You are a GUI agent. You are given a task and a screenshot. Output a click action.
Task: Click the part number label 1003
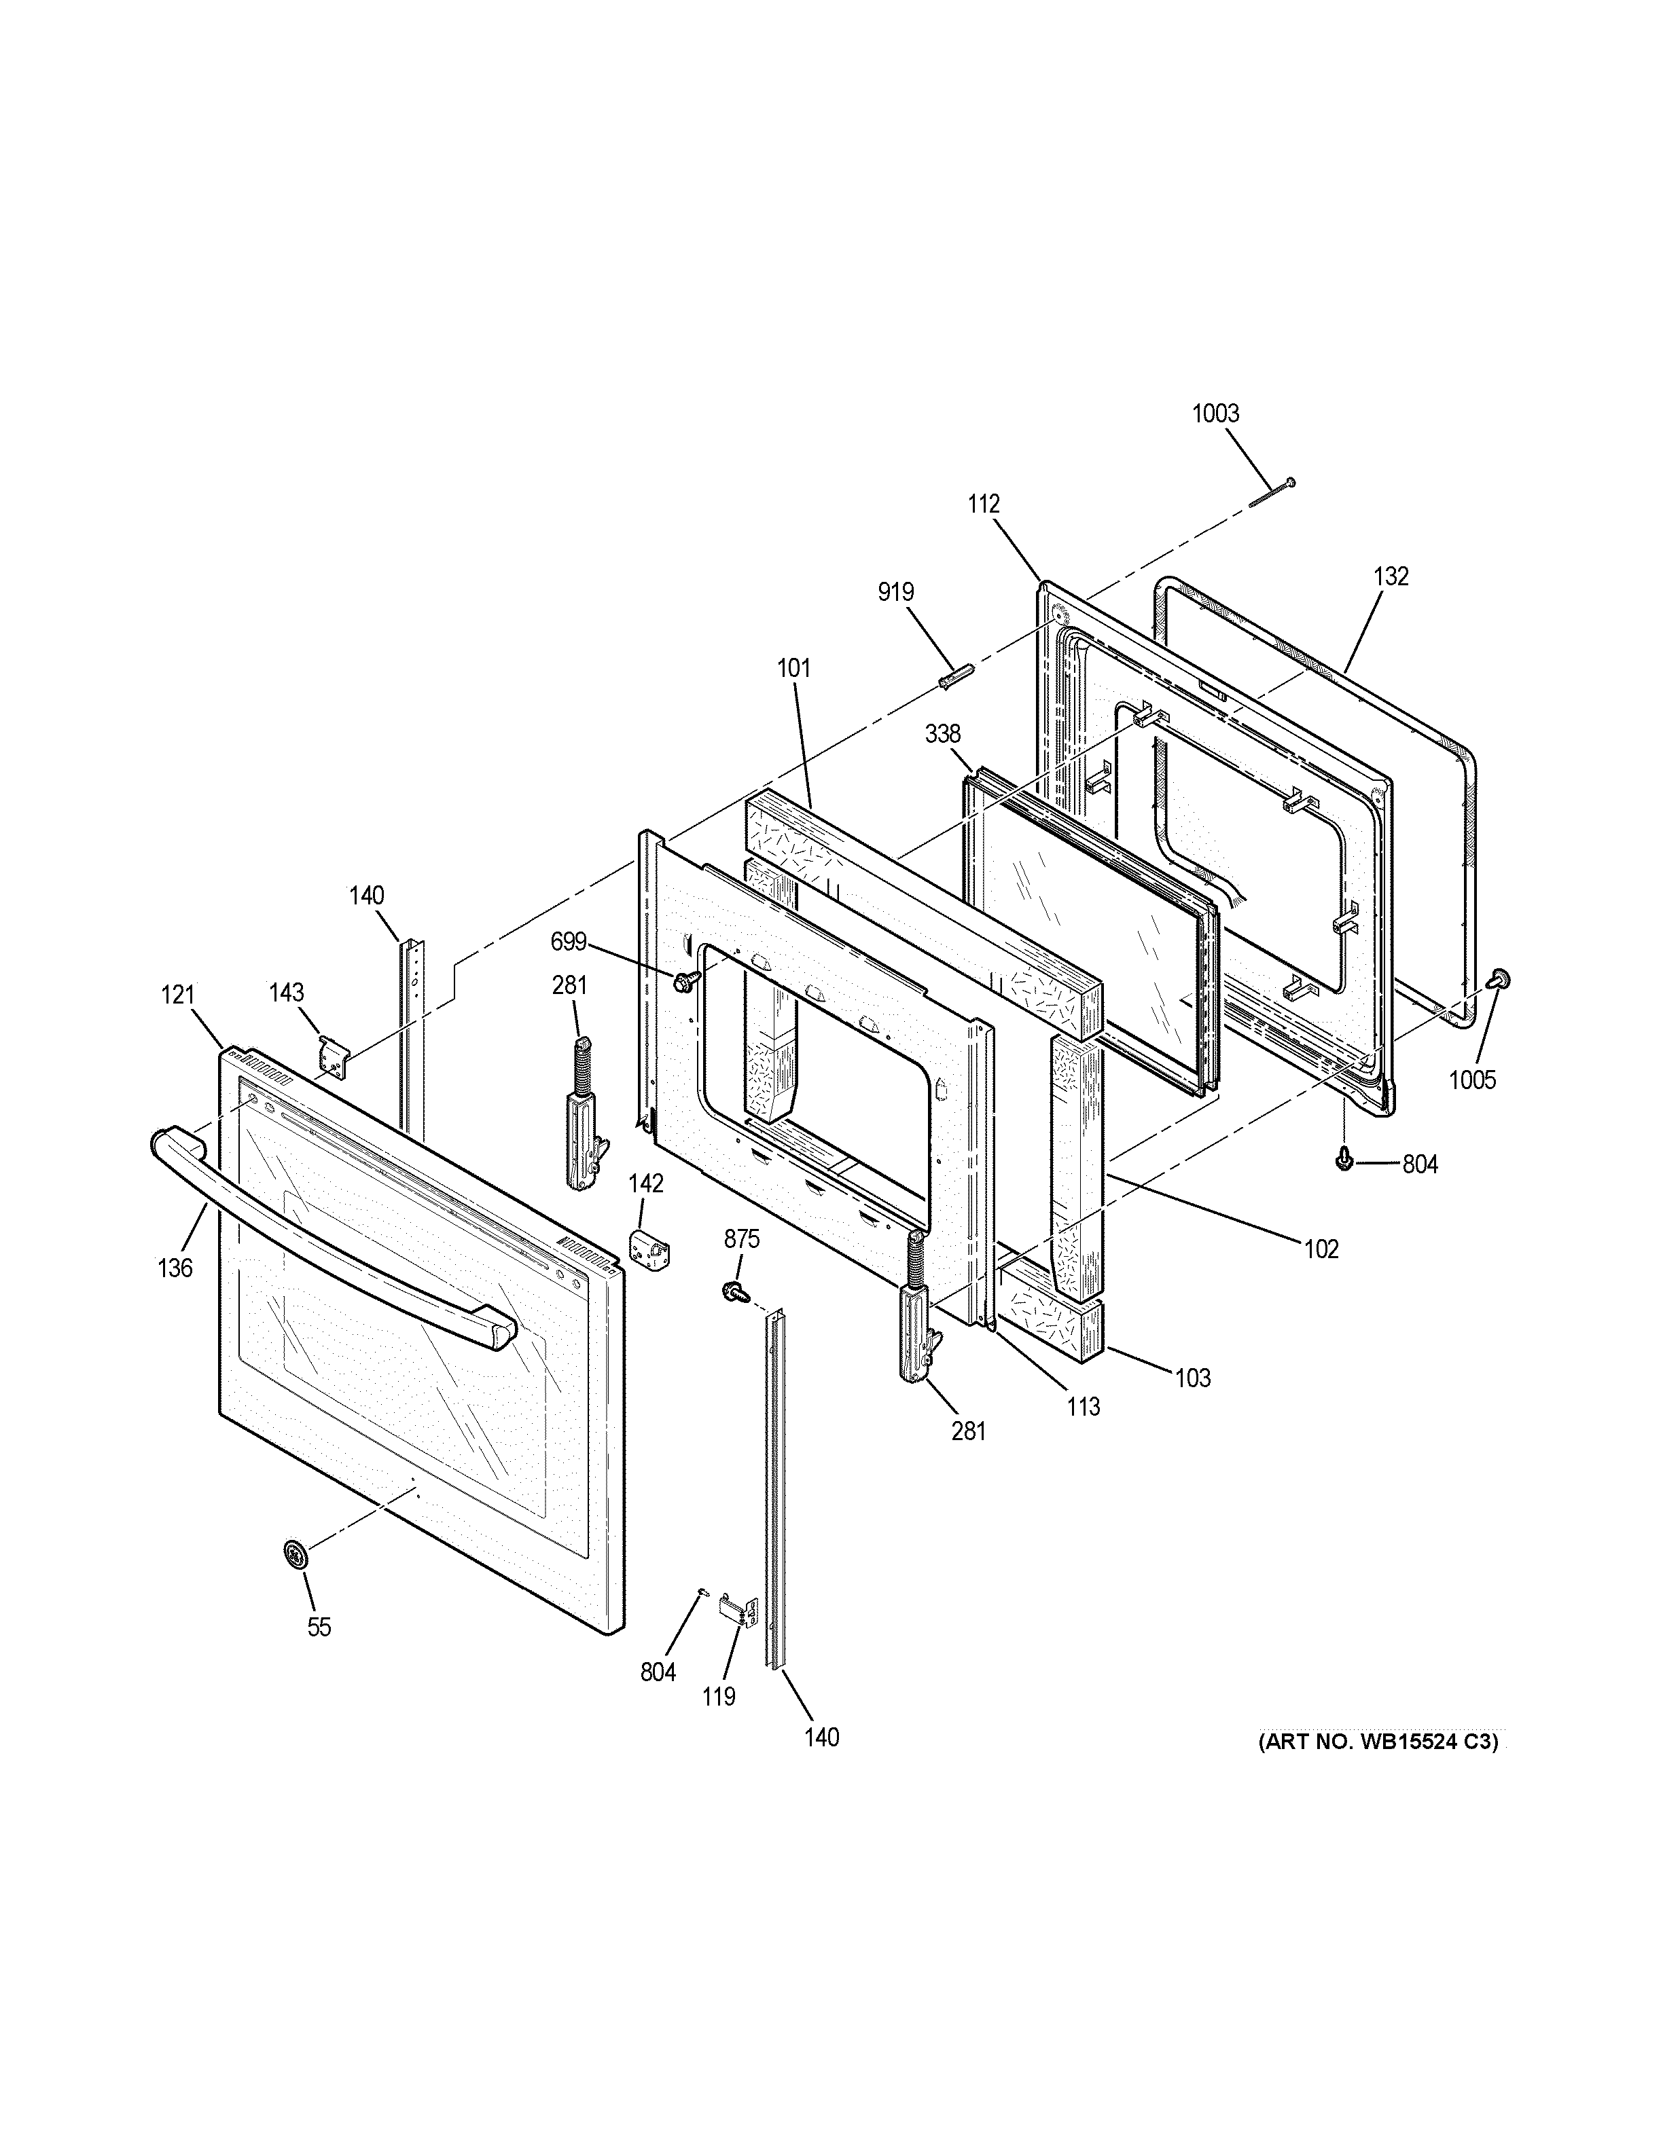1216,413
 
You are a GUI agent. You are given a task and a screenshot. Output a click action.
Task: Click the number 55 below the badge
318,1627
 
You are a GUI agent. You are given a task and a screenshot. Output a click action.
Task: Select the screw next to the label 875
734,1289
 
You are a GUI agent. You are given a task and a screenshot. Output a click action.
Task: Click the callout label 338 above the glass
943,734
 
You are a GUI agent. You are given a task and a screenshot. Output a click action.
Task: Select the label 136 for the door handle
175,1268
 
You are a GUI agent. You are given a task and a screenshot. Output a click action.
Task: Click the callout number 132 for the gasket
1391,576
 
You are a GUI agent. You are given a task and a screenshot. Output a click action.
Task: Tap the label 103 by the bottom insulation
1192,1378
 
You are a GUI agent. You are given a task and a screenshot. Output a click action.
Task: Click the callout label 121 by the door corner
178,996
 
